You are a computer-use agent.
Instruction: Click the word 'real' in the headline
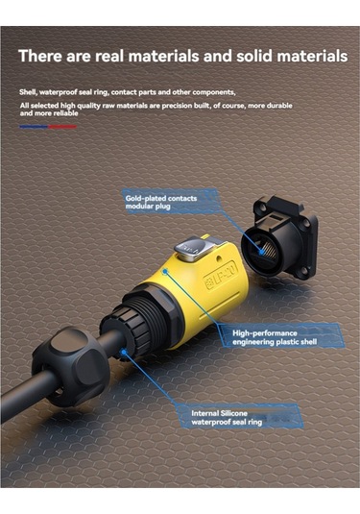tap(109, 56)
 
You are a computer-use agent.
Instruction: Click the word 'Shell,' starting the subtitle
tap(28, 92)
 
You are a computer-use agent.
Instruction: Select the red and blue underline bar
tap(48, 127)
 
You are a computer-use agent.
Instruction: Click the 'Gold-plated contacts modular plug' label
tap(161, 203)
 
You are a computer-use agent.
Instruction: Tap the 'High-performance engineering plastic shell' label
tap(275, 337)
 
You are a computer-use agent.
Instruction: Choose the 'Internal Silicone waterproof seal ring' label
tap(227, 418)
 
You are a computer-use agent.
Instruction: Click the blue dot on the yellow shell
tap(165, 272)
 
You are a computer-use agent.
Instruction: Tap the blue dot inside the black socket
tap(261, 252)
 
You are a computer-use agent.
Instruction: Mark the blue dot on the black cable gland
tap(124, 353)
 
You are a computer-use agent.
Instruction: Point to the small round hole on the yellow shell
tap(219, 259)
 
